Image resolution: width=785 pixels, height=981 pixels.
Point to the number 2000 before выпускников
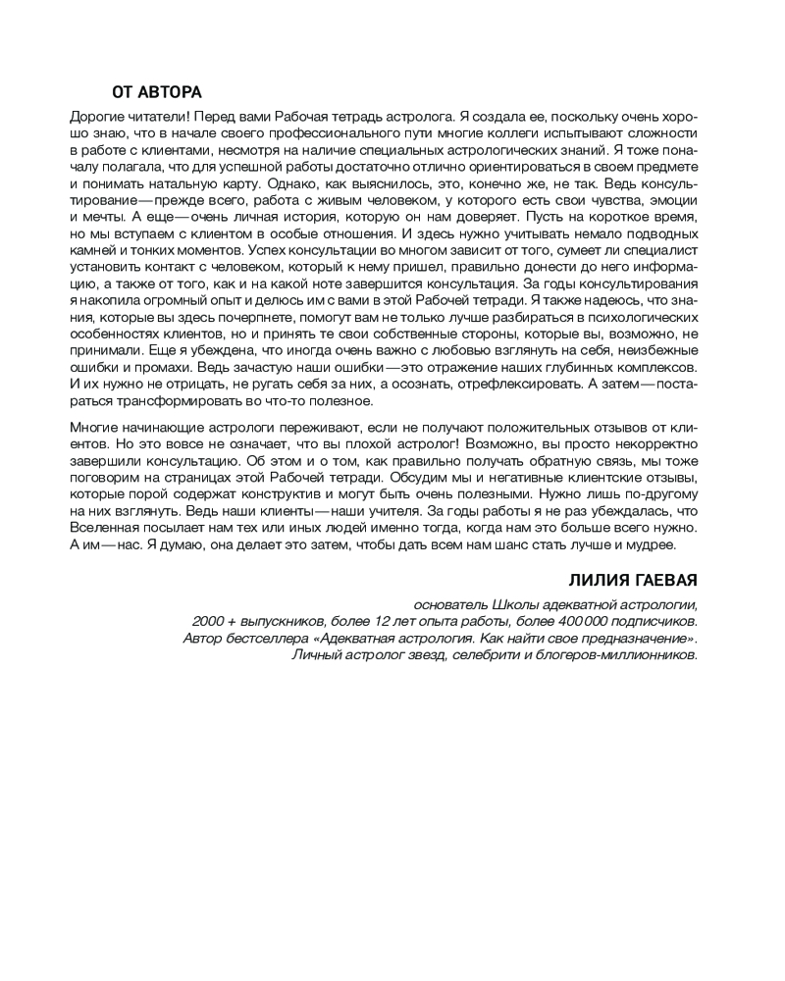[x=209, y=621]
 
